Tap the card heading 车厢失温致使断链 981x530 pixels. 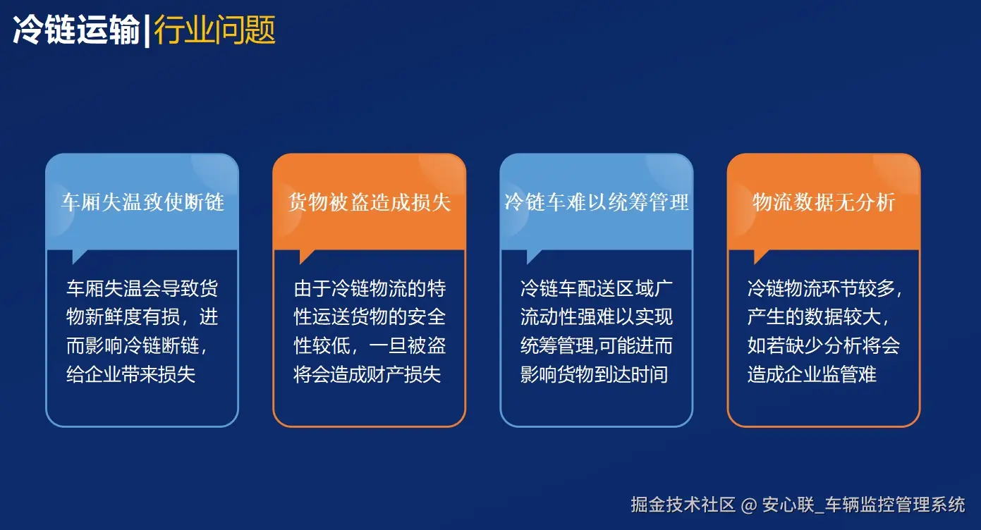click(142, 203)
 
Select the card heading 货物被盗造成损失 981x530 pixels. click(370, 203)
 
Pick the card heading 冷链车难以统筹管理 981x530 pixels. click(597, 203)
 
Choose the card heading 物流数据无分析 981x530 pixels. click(824, 203)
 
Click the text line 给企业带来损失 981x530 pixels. click(130, 374)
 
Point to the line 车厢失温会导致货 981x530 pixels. click(142, 289)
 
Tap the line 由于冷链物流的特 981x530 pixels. click(370, 289)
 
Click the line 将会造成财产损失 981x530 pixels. click(367, 374)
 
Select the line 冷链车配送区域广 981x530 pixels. click(597, 289)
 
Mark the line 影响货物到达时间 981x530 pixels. click(594, 374)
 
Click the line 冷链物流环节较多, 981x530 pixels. click(824, 289)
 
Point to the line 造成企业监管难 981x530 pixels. click(812, 374)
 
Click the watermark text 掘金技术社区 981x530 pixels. click(683, 505)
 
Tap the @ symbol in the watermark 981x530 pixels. click(749, 505)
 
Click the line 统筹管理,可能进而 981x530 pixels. click(597, 345)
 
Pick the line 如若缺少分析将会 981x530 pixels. click(824, 345)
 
